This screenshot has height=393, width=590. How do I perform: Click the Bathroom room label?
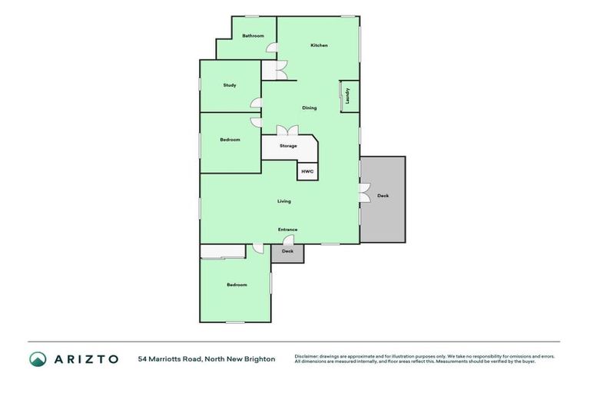click(253, 36)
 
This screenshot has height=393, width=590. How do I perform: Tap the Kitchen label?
click(319, 45)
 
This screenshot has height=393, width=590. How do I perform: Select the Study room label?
click(230, 85)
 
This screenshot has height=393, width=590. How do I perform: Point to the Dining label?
click(309, 107)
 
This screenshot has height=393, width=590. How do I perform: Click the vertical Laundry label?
click(348, 96)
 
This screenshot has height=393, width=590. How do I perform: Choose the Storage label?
click(288, 146)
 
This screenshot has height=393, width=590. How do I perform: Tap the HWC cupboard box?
click(307, 171)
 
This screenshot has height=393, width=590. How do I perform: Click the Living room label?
click(284, 201)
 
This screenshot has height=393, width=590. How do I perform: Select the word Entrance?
click(288, 230)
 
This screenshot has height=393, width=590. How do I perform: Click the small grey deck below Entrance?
click(287, 253)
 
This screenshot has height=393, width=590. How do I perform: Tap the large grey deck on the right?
click(383, 198)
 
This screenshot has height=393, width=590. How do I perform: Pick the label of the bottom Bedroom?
click(237, 285)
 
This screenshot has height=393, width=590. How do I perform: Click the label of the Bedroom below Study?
click(230, 140)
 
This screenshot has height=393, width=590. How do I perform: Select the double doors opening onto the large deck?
click(363, 195)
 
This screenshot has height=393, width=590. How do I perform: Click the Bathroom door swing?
click(272, 49)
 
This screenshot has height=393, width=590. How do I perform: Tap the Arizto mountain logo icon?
click(38, 358)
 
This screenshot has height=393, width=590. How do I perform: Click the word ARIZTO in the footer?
click(85, 358)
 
